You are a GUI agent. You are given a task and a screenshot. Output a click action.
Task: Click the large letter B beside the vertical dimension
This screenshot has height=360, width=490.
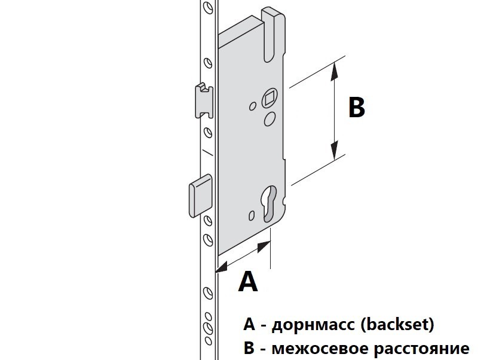[x=357, y=108]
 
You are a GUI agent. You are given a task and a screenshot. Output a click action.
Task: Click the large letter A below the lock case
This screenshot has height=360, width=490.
[x=248, y=282]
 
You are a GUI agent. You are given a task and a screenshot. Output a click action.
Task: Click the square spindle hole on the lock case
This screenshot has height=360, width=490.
[x=269, y=97]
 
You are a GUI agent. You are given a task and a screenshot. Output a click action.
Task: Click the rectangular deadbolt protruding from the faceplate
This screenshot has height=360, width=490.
[x=200, y=196]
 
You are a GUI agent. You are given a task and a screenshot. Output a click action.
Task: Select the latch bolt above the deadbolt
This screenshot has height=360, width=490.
[x=203, y=100]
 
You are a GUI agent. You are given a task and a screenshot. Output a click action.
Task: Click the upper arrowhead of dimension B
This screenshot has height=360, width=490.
[x=335, y=71]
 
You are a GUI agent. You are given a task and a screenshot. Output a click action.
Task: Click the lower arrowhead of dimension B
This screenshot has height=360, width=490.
[x=335, y=150]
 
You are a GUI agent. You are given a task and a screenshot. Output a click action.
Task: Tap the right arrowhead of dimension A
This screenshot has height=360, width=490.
[x=264, y=246]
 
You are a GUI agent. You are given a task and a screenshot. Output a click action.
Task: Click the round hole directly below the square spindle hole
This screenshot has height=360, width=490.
[x=269, y=119]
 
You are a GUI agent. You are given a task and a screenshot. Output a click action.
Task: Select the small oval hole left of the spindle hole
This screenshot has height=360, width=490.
[x=253, y=106]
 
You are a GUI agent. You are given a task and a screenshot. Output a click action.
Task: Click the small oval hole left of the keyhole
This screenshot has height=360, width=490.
[x=252, y=215]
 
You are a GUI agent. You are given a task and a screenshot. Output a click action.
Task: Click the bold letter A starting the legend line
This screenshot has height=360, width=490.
[x=249, y=324]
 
